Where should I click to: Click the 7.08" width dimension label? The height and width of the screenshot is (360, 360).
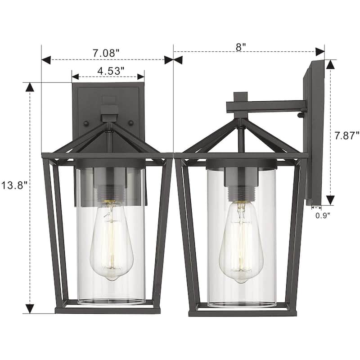point(106,53)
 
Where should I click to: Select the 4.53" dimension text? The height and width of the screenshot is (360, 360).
point(111,71)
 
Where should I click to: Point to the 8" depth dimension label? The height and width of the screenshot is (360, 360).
point(241,47)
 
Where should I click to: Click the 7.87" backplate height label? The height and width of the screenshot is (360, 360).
point(346,136)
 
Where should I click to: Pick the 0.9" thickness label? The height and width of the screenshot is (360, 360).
point(323,216)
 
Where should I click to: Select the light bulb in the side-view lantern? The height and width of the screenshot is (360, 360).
point(241,242)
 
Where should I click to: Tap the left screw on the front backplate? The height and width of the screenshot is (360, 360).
point(86,123)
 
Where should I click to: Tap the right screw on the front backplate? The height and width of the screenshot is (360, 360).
point(131,123)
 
